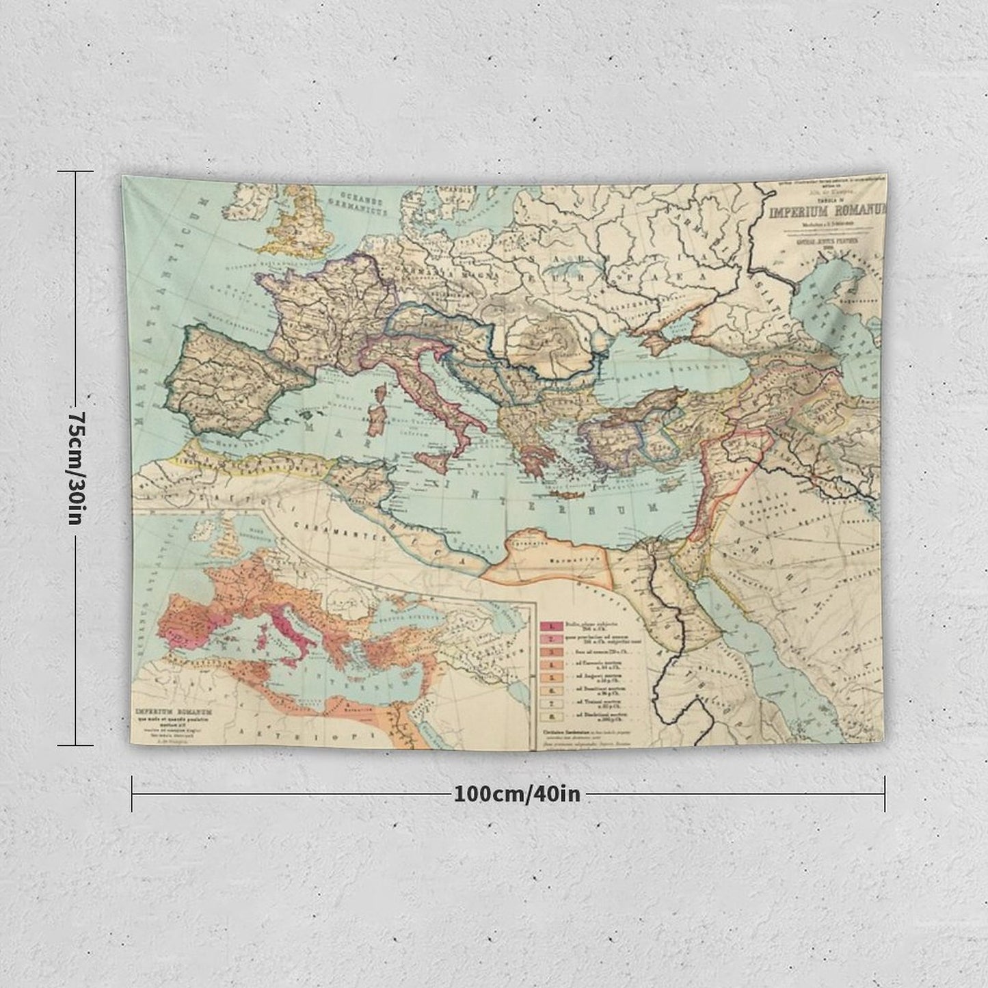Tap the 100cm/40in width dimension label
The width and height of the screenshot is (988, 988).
(x=517, y=794)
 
